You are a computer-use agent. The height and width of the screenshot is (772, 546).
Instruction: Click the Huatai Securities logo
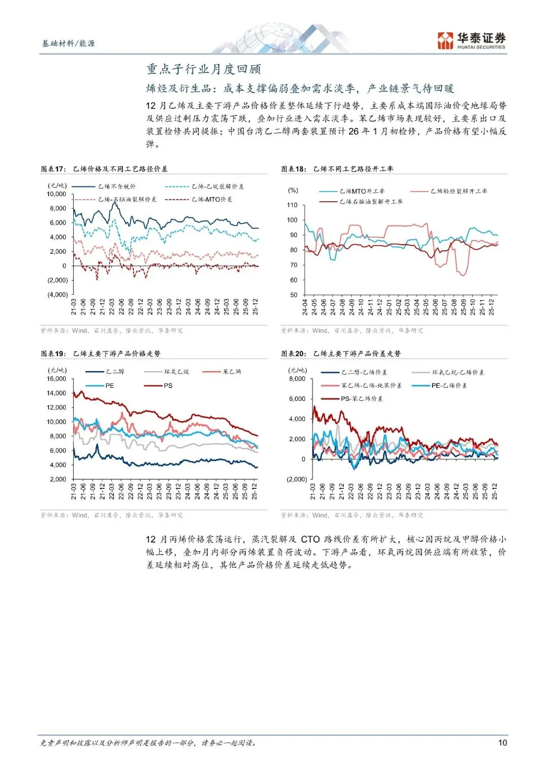click(x=471, y=40)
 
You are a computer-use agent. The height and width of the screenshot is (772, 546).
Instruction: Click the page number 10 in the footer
click(x=502, y=742)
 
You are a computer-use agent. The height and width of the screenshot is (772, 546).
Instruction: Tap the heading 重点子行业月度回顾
click(x=203, y=69)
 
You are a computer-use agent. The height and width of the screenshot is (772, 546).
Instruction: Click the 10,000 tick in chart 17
click(x=57, y=194)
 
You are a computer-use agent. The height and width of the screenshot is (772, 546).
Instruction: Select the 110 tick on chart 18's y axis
click(x=292, y=205)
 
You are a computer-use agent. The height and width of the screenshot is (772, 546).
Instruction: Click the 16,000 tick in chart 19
click(x=57, y=379)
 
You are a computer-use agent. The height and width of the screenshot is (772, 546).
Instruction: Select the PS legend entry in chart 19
click(x=168, y=386)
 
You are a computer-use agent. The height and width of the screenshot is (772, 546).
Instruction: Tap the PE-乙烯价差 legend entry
click(x=449, y=385)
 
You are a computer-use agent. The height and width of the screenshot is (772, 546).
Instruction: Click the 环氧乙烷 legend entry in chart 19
click(x=176, y=372)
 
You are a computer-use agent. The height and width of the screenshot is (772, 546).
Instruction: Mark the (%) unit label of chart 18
click(x=293, y=190)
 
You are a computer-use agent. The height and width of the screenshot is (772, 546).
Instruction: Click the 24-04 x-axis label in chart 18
click(x=305, y=307)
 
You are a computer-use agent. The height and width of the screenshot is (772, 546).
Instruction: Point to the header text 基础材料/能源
click(x=68, y=43)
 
